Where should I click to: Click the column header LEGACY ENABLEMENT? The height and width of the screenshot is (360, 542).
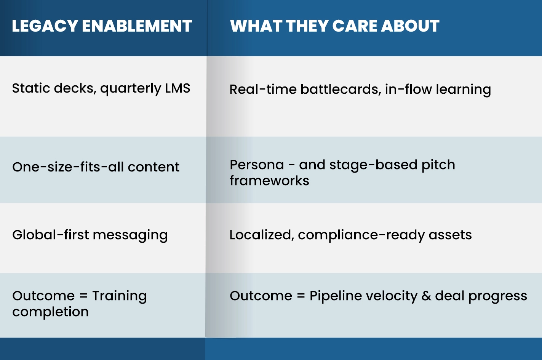102,26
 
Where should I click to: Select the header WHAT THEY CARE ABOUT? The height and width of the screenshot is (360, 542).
335,26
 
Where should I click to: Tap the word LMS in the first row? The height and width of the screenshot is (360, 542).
177,88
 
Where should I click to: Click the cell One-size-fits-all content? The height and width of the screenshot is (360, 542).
96,167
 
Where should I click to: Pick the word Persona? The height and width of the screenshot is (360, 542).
257,165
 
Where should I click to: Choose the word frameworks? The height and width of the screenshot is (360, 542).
269,181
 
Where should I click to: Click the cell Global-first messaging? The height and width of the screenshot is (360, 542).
90,235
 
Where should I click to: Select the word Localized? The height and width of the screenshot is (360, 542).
262,235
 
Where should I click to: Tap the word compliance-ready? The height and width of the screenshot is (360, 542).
361,235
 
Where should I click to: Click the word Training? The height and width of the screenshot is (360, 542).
120,296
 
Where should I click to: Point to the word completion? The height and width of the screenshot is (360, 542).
50,312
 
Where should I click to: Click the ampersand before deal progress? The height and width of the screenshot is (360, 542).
426,296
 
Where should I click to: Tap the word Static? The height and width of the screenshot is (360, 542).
31,88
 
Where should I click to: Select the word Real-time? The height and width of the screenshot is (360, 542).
263,89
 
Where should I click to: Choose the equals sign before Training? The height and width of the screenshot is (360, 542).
83,296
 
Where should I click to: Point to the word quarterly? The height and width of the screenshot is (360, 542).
131,88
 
